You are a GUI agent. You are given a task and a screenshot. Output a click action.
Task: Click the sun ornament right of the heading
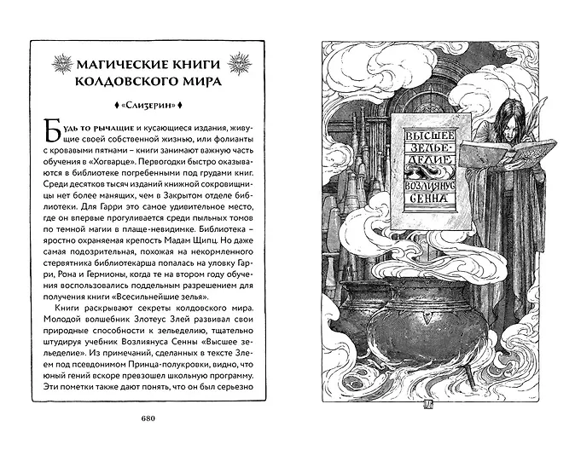click(x=244, y=63)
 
